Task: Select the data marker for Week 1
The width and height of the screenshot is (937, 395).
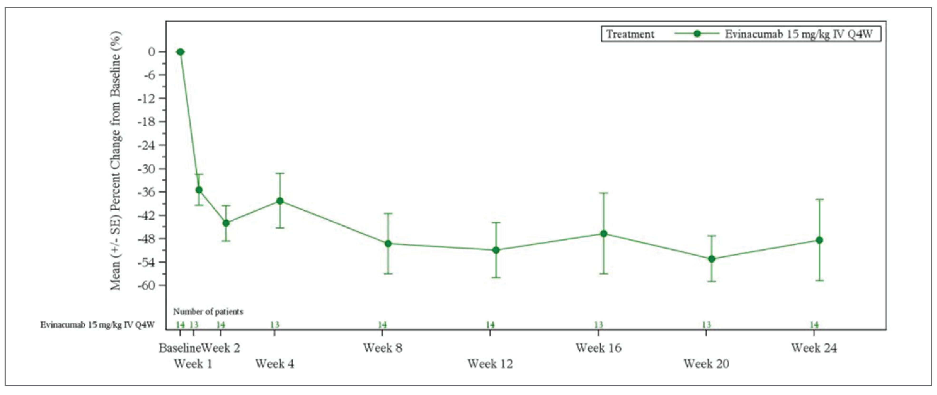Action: point(199,190)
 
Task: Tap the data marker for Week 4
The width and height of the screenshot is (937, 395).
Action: point(280,201)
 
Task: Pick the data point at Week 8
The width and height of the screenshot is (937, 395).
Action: point(388,244)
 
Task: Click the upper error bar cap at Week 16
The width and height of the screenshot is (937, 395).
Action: point(604,193)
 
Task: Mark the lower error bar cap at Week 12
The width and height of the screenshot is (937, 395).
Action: point(496,278)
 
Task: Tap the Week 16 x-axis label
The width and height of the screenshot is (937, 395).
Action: point(598,348)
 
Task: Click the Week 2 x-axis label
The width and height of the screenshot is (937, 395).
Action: point(221,348)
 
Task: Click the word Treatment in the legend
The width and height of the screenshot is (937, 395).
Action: point(630,34)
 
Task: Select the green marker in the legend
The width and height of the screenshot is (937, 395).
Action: point(697,34)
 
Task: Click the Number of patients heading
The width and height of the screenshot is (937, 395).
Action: point(208,312)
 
